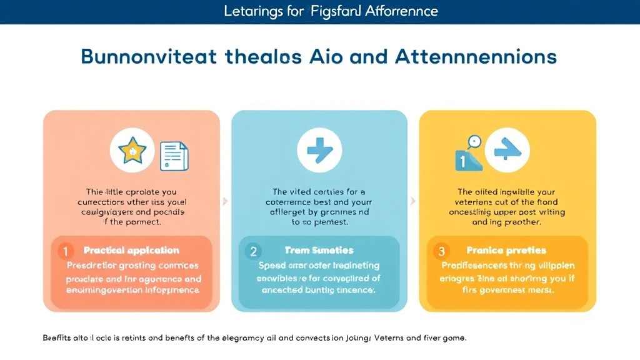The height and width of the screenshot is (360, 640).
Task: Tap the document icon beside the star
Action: (x=174, y=155)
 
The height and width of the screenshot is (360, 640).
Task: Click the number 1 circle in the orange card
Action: (x=65, y=251)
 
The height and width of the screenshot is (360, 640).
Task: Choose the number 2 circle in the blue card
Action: (x=253, y=251)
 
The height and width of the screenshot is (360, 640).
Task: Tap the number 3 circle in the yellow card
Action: (x=441, y=251)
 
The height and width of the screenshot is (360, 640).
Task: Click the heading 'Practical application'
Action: (x=131, y=251)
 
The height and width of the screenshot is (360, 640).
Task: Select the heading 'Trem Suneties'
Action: (x=319, y=251)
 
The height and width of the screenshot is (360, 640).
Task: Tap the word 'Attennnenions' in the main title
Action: (x=475, y=57)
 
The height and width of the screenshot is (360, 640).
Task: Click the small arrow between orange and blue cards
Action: (x=226, y=201)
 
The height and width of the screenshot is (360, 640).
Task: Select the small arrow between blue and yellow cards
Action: (x=413, y=201)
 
